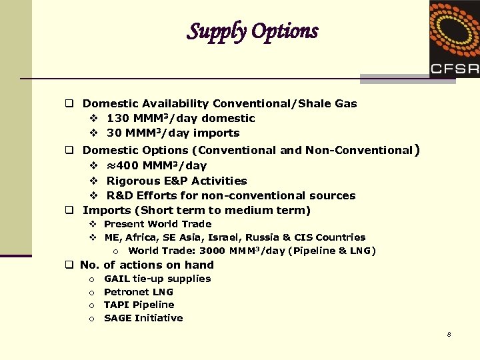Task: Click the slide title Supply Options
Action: (x=253, y=31)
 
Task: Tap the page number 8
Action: (x=449, y=334)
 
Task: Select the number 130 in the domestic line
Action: (x=118, y=118)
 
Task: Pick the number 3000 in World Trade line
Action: (x=211, y=251)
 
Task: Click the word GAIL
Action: (x=117, y=279)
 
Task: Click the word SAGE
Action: (x=118, y=318)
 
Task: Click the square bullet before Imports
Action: (x=68, y=211)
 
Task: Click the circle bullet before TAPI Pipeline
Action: (x=91, y=305)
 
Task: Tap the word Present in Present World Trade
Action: (x=124, y=224)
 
